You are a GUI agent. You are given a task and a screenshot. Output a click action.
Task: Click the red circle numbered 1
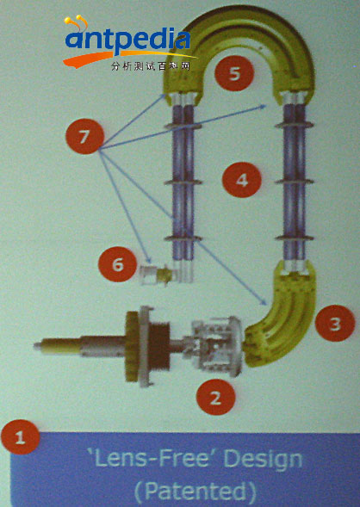(20, 436)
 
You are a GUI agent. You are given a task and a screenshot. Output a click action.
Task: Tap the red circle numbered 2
(215, 397)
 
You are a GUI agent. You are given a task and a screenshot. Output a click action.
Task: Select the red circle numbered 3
(335, 323)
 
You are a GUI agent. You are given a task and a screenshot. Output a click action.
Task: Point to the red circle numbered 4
(242, 180)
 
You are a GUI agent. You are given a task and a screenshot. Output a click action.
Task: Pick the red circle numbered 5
(234, 73)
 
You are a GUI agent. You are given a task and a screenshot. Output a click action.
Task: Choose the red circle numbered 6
(117, 264)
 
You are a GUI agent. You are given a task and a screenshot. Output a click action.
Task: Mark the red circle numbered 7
(84, 136)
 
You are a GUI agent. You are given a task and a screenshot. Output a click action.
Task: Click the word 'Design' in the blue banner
(263, 460)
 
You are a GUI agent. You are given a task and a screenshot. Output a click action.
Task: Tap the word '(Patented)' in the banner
(195, 492)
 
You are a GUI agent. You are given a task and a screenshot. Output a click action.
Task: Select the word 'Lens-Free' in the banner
(152, 458)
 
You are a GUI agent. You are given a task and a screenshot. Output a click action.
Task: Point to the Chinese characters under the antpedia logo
(150, 66)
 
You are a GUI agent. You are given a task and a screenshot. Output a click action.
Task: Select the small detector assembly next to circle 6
(158, 275)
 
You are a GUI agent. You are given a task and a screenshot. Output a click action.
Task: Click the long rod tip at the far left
(37, 346)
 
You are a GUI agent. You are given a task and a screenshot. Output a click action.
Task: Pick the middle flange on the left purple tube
(183, 182)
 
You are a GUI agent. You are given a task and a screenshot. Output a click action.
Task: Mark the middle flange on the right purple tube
(294, 182)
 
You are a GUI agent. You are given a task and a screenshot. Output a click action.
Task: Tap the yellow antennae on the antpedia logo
(77, 22)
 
